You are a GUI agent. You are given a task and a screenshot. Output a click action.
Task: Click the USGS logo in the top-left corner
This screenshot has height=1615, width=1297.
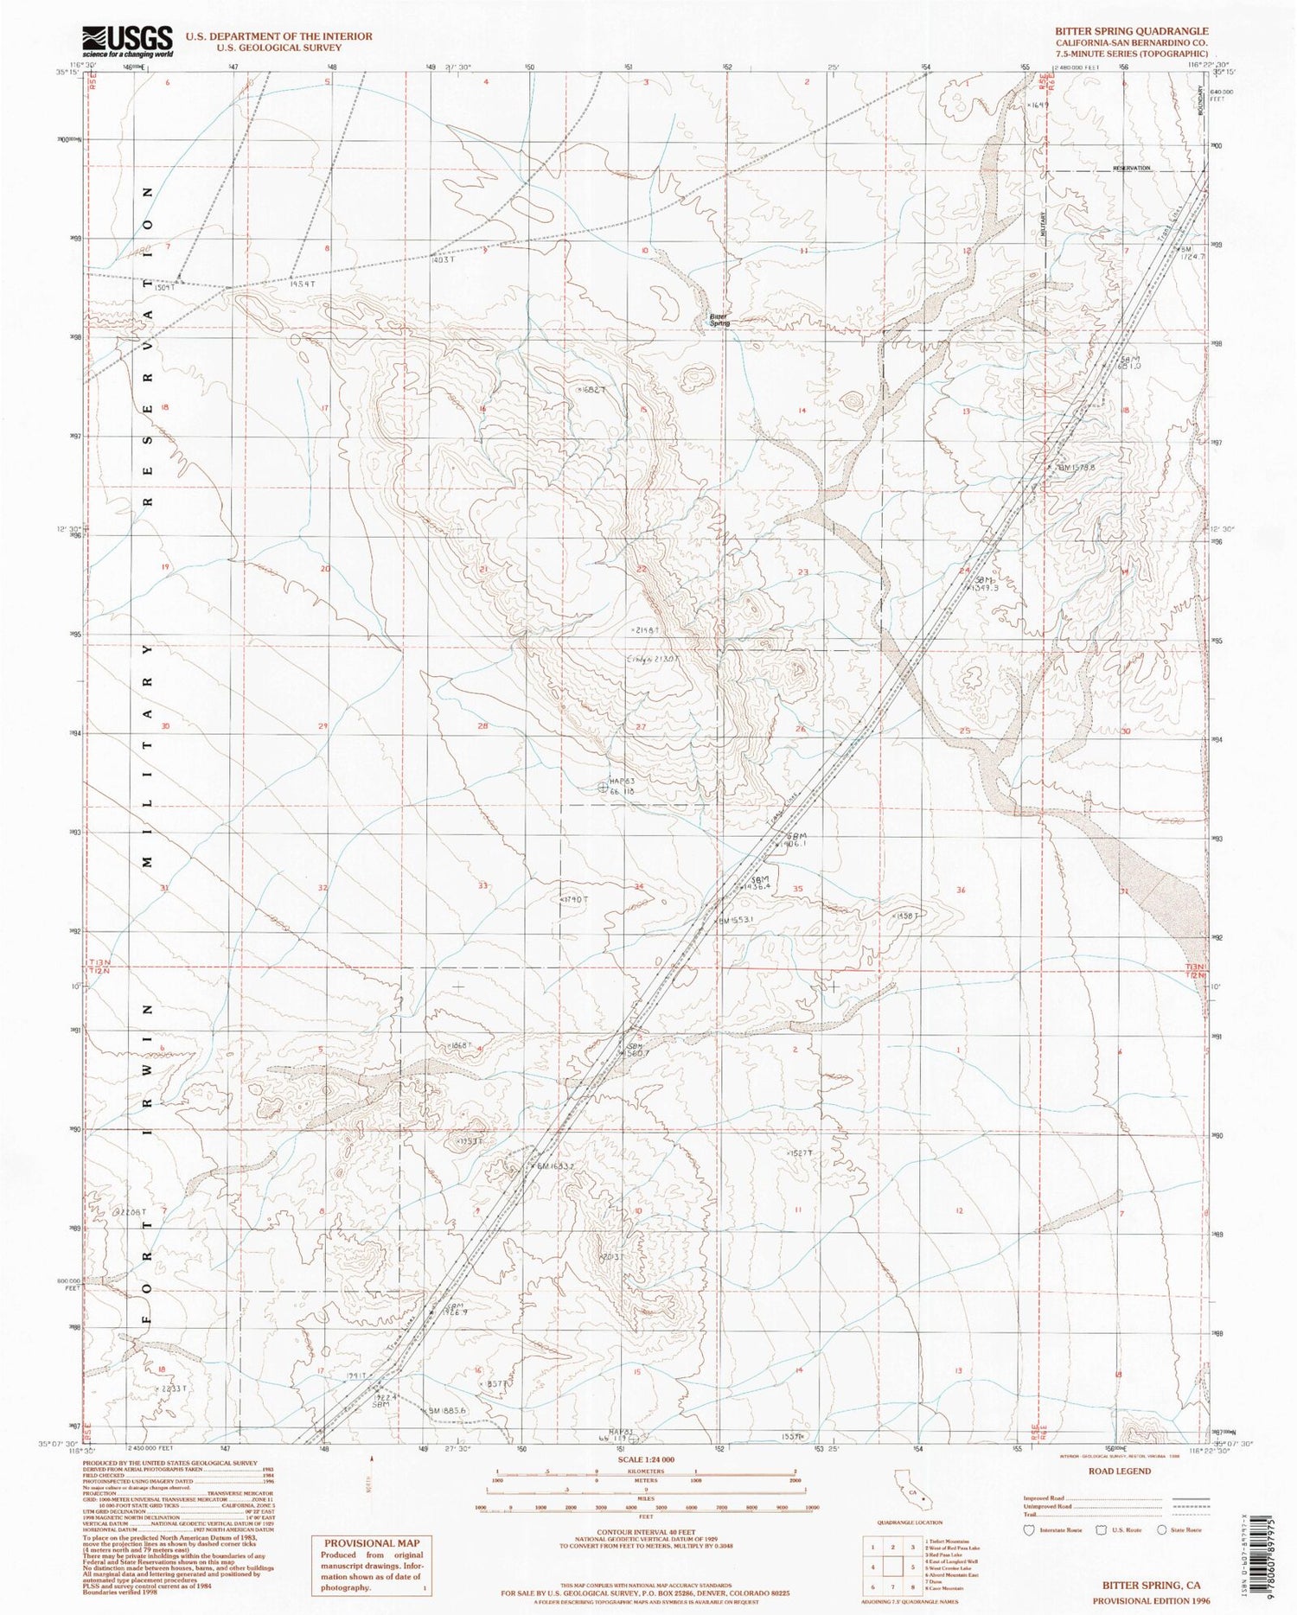pyautogui.click(x=127, y=41)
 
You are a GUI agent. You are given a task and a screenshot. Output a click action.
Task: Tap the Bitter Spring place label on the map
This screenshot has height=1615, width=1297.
pyautogui.click(x=719, y=320)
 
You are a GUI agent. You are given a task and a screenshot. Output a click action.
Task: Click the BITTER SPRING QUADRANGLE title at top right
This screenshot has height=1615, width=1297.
pyautogui.click(x=1131, y=31)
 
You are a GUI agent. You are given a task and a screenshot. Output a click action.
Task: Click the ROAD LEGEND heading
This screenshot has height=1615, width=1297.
pyautogui.click(x=1121, y=1471)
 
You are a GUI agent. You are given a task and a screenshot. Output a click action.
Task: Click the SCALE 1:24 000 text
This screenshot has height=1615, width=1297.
pyautogui.click(x=645, y=1459)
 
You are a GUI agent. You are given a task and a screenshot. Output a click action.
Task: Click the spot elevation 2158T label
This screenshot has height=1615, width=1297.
pyautogui.click(x=647, y=629)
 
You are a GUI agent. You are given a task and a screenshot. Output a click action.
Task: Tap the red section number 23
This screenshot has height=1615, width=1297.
pyautogui.click(x=803, y=572)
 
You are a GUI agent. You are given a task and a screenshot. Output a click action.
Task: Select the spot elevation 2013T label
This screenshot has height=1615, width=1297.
pyautogui.click(x=610, y=1257)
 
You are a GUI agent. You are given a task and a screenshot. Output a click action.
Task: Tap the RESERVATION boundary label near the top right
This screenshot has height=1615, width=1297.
pyautogui.click(x=1131, y=168)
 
